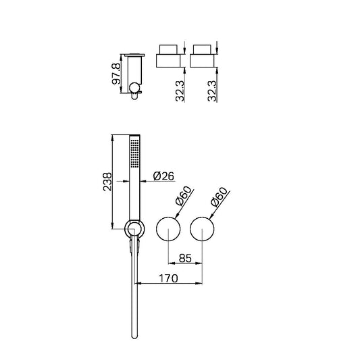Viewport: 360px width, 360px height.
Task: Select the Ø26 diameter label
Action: (x=164, y=176)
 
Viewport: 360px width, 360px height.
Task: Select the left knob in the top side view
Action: (x=170, y=57)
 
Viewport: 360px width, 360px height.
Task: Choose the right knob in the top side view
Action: (x=204, y=57)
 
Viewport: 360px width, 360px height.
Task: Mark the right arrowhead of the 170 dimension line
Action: (x=201, y=282)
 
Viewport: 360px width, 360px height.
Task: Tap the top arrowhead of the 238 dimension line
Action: (x=111, y=135)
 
